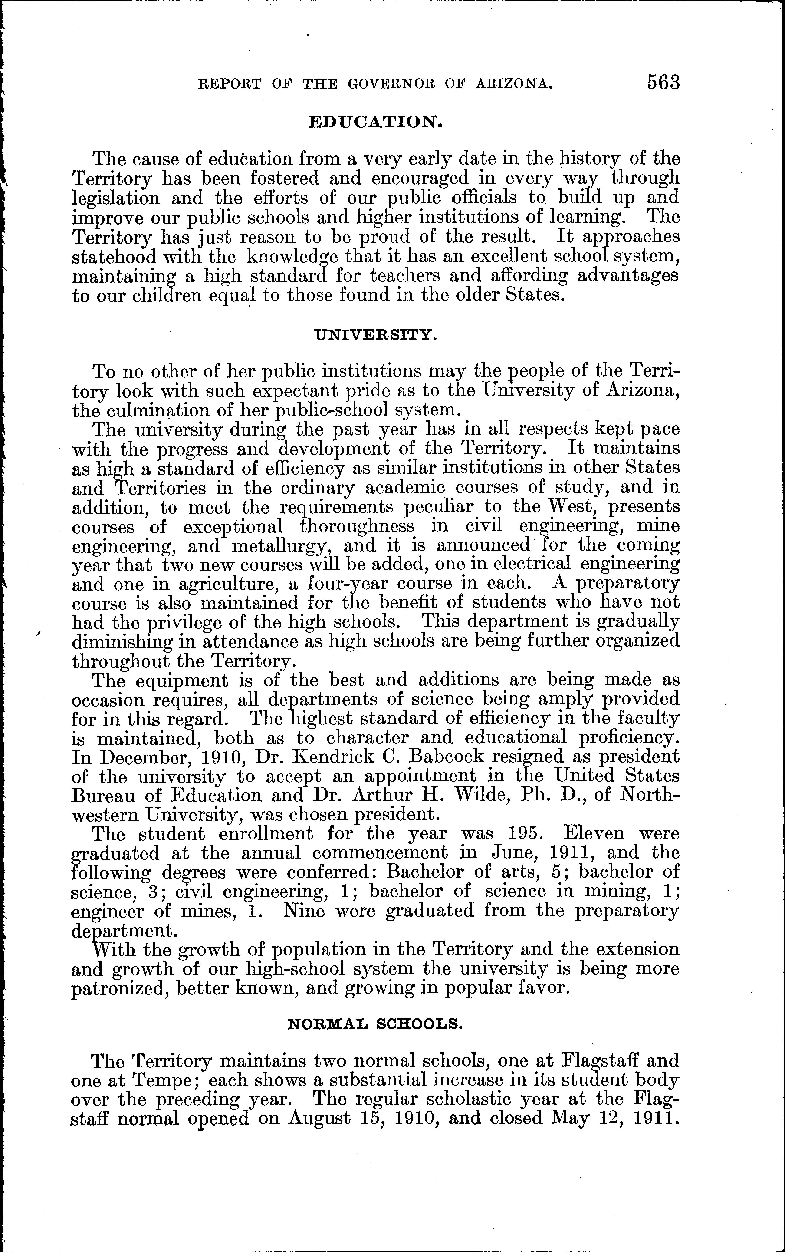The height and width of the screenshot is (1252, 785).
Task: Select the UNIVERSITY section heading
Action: pos(376,335)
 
